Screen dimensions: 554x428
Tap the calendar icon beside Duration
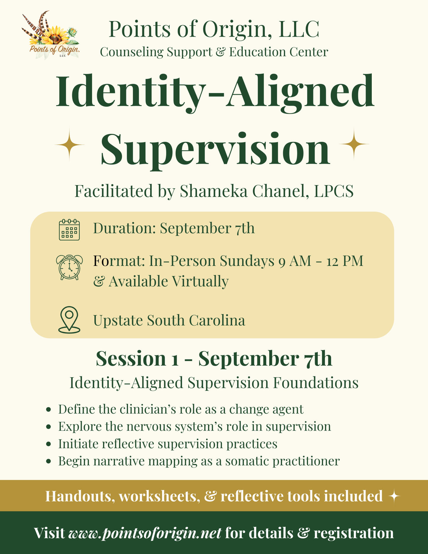pyautogui.click(x=69, y=229)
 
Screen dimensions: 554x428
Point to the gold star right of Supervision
pyautogui.click(x=354, y=144)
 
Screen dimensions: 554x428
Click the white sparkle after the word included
pyautogui.click(x=394, y=497)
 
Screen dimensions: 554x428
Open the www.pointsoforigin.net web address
pyautogui.click(x=145, y=533)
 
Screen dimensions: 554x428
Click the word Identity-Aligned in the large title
pyautogui.click(x=215, y=92)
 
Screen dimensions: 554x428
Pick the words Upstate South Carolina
pyautogui.click(x=169, y=320)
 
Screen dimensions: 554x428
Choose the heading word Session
pyautogui.click(x=131, y=359)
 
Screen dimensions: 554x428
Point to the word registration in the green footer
pyautogui.click(x=354, y=533)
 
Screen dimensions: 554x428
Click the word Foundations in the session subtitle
pyautogui.click(x=315, y=383)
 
